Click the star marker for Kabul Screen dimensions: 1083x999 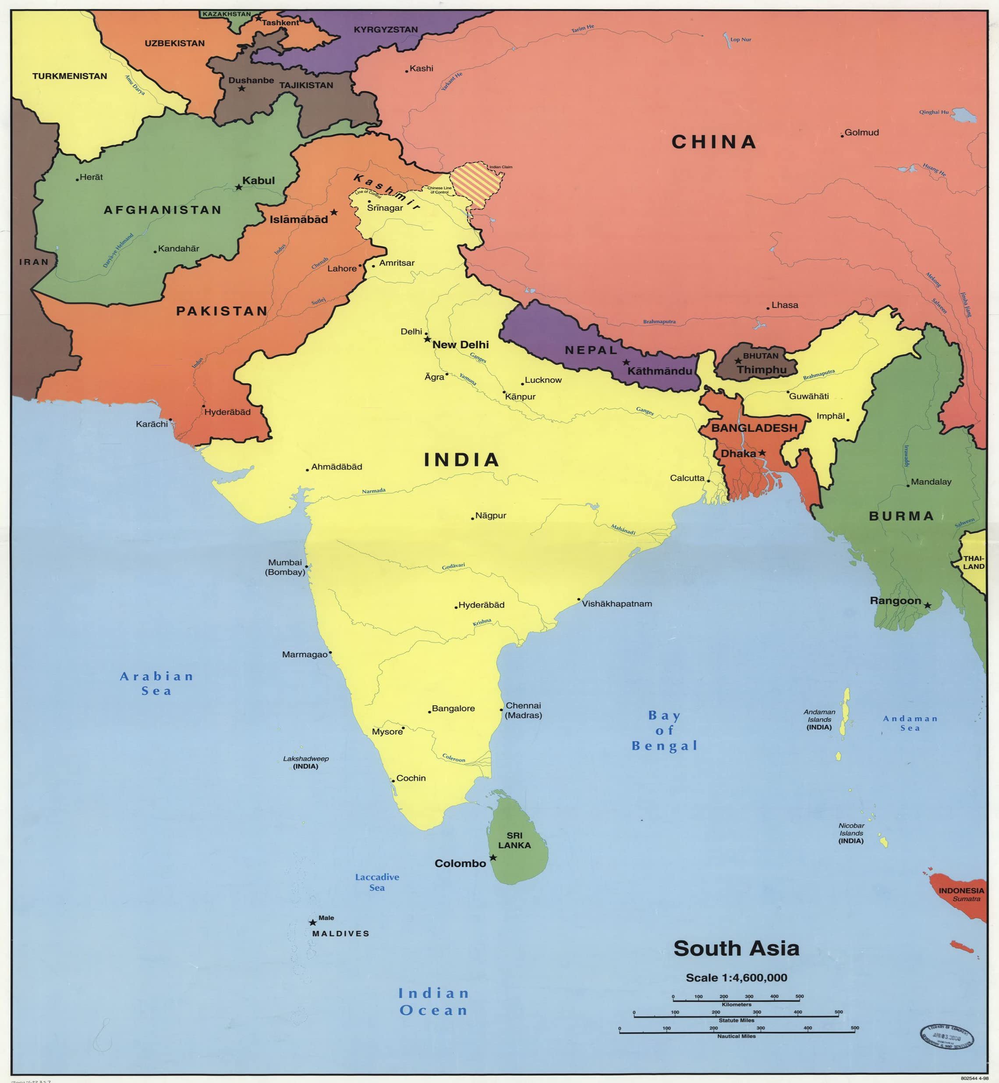click(x=238, y=187)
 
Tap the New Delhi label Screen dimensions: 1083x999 click(x=460, y=345)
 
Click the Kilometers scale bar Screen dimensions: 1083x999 click(x=736, y=1000)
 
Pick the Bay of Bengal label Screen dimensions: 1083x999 click(x=664, y=730)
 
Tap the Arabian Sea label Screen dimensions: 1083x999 click(x=156, y=683)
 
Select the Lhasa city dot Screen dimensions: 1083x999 click(x=768, y=308)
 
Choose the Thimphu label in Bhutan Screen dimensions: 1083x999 click(x=761, y=370)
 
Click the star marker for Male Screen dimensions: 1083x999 click(x=312, y=923)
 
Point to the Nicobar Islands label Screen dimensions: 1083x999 click(x=851, y=833)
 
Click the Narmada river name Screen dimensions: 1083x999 click(x=374, y=491)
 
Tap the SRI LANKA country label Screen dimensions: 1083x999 click(x=514, y=840)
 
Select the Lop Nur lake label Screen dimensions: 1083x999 click(x=740, y=39)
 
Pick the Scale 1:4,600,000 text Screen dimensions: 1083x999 click(x=736, y=977)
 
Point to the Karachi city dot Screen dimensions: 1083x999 click(x=170, y=420)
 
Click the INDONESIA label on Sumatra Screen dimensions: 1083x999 click(x=961, y=891)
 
